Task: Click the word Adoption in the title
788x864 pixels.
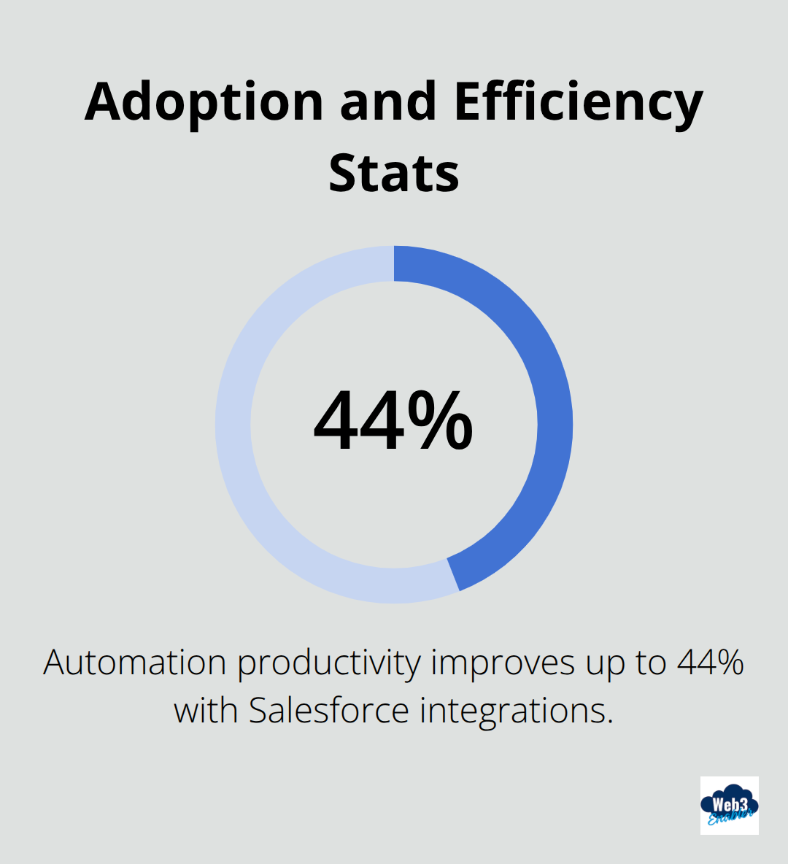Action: click(x=204, y=102)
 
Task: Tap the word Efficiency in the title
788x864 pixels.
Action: click(x=578, y=102)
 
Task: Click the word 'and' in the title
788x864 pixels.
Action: click(x=387, y=102)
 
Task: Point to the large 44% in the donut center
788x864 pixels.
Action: click(x=393, y=422)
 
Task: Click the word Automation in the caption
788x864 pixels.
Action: click(x=135, y=663)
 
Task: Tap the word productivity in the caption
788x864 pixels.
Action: click(x=329, y=663)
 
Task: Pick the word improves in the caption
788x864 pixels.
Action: click(x=504, y=663)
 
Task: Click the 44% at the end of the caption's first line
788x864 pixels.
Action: click(x=710, y=663)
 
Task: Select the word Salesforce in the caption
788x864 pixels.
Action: click(x=329, y=710)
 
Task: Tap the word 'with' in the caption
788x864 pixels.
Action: click(x=205, y=710)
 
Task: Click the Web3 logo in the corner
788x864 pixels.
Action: click(x=729, y=806)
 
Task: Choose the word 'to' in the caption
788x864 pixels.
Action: click(x=649, y=663)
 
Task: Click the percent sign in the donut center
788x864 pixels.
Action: click(x=441, y=422)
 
